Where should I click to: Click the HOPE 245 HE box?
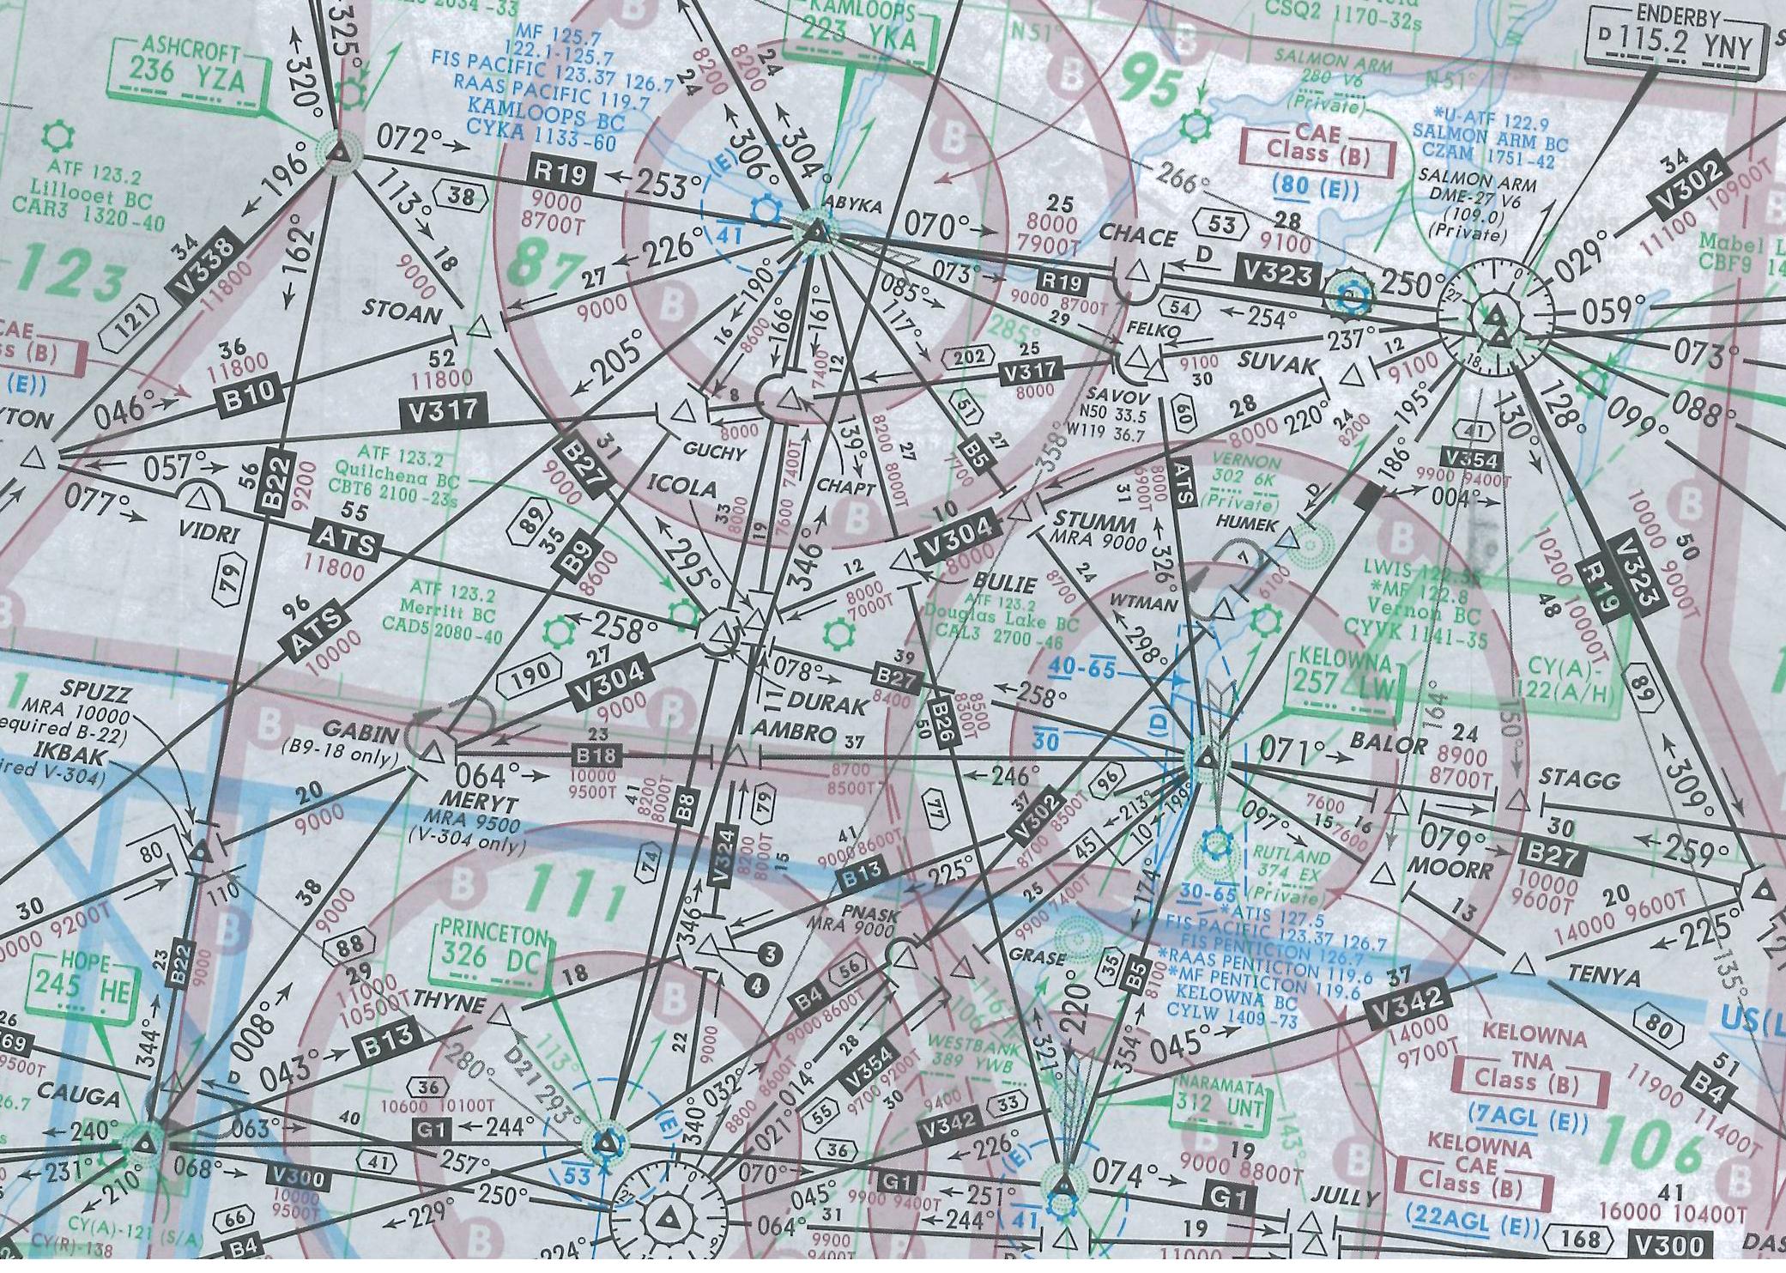coord(83,985)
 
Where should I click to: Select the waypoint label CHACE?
coord(1137,235)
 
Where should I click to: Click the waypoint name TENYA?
coord(1603,977)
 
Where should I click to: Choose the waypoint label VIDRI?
coord(209,533)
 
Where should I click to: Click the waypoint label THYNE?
coord(448,1003)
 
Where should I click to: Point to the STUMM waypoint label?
coord(1093,520)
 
